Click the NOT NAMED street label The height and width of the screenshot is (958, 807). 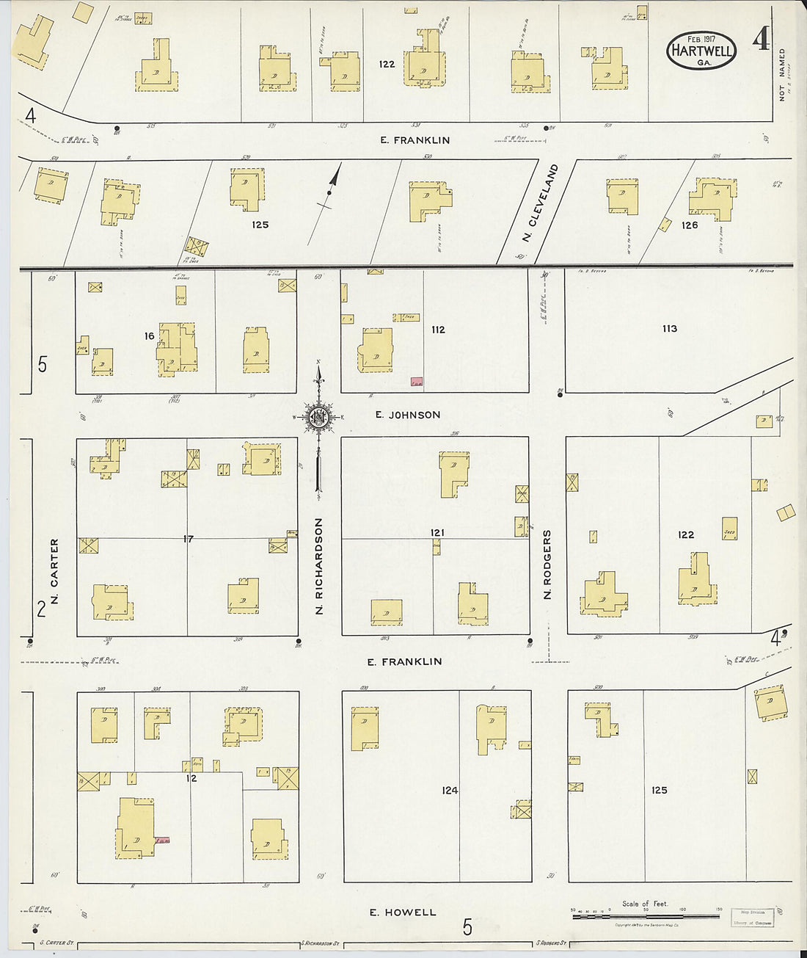click(782, 74)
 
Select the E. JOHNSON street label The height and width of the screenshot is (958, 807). click(408, 415)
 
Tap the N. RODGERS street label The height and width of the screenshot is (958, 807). click(547, 565)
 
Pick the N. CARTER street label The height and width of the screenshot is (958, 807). click(55, 573)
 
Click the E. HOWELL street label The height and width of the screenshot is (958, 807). click(402, 912)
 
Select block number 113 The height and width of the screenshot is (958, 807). click(669, 329)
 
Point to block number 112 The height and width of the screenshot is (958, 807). click(438, 330)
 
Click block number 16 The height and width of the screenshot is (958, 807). click(150, 335)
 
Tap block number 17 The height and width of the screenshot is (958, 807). click(189, 539)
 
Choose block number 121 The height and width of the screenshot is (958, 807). click(438, 532)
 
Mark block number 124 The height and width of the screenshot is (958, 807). click(450, 791)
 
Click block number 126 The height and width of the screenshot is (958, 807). click(689, 225)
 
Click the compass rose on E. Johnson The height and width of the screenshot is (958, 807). click(319, 418)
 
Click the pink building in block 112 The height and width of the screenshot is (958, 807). click(417, 382)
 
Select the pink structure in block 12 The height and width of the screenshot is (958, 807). click(162, 839)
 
